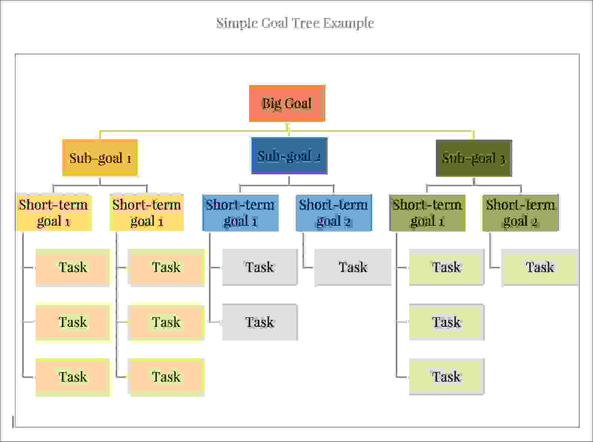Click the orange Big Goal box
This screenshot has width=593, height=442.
click(x=287, y=103)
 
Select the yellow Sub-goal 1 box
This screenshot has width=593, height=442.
click(x=100, y=158)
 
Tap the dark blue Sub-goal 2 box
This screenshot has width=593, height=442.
click(x=289, y=156)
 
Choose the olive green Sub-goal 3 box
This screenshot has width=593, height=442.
click(x=474, y=158)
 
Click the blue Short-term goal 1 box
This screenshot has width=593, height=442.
click(x=241, y=213)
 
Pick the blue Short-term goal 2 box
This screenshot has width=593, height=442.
click(x=334, y=213)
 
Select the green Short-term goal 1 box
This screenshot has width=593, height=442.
click(x=427, y=213)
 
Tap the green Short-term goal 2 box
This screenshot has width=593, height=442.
click(x=520, y=213)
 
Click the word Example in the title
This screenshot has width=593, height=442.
click(x=348, y=23)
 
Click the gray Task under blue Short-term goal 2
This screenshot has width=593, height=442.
click(x=353, y=267)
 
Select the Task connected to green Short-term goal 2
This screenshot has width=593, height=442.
click(x=540, y=267)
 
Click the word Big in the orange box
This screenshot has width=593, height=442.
click(x=270, y=104)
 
